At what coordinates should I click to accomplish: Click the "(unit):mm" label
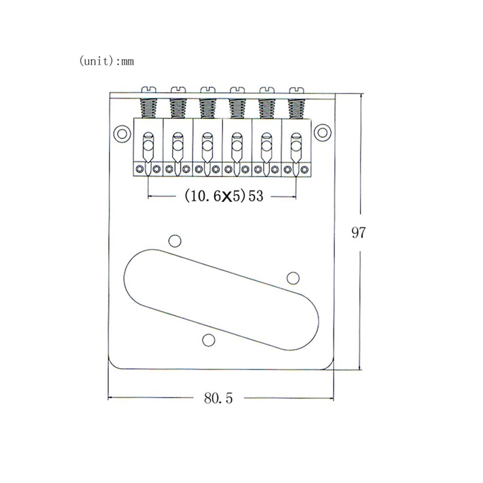click(x=106, y=61)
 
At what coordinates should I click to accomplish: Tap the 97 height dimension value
click(x=358, y=233)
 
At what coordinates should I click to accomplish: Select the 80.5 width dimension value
click(x=218, y=398)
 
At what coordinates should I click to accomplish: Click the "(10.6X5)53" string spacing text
click(x=224, y=196)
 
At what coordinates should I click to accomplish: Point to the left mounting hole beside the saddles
click(x=121, y=134)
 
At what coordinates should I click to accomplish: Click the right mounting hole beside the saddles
click(x=322, y=133)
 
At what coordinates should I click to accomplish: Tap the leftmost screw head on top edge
click(x=148, y=90)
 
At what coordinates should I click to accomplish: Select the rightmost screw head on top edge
click(x=297, y=90)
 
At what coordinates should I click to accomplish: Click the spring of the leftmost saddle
click(x=148, y=108)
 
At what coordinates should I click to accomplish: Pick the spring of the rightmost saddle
click(x=297, y=108)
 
